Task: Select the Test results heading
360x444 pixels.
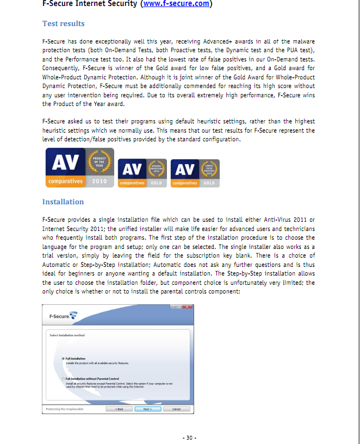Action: tap(63, 24)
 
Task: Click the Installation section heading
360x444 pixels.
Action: tap(63, 202)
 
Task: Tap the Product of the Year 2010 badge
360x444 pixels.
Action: tap(79, 167)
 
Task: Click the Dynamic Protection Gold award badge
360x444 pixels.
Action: tap(141, 173)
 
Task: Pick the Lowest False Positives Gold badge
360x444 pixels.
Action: tap(195, 173)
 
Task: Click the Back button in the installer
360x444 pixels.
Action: tap(120, 409)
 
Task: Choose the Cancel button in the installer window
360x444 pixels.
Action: tap(176, 409)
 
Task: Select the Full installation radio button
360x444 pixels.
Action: tap(63, 358)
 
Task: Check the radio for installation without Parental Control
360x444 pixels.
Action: tap(63, 378)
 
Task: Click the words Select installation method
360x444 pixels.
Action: tap(67, 335)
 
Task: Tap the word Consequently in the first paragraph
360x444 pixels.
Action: tap(60, 68)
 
